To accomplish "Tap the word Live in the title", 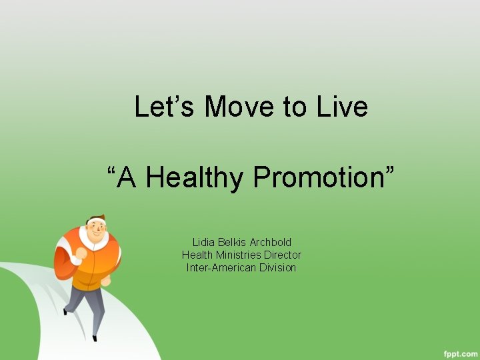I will pyautogui.click(x=343, y=107).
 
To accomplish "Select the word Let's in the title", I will pyautogui.click(x=167, y=107).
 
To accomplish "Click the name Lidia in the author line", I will pyautogui.click(x=203, y=242).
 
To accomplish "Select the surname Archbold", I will pyautogui.click(x=271, y=242).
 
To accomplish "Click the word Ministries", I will pyautogui.click(x=238, y=255).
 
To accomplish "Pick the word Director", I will pyautogui.click(x=283, y=255).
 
